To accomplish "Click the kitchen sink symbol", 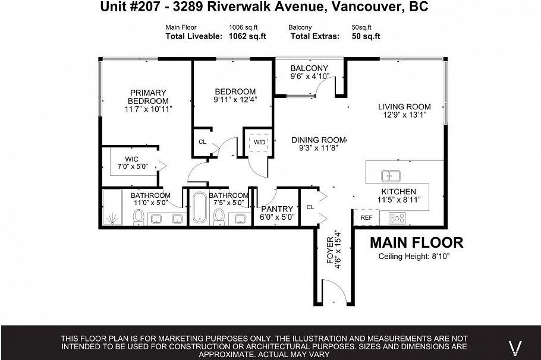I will [x=391, y=176].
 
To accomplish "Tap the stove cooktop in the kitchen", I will [x=397, y=218].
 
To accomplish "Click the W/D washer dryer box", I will [x=260, y=143].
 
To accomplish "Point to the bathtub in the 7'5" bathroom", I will [x=199, y=209].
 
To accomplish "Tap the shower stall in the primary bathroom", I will [x=112, y=208].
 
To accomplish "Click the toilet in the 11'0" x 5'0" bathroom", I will [x=138, y=218].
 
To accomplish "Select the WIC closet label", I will [x=131, y=159].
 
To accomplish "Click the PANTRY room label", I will [x=277, y=209].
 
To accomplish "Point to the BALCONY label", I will [x=309, y=68].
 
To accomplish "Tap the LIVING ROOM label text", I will [x=404, y=107].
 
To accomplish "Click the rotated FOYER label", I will [x=331, y=250].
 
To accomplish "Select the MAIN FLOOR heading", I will [x=416, y=242].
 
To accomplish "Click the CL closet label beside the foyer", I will [x=310, y=207].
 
